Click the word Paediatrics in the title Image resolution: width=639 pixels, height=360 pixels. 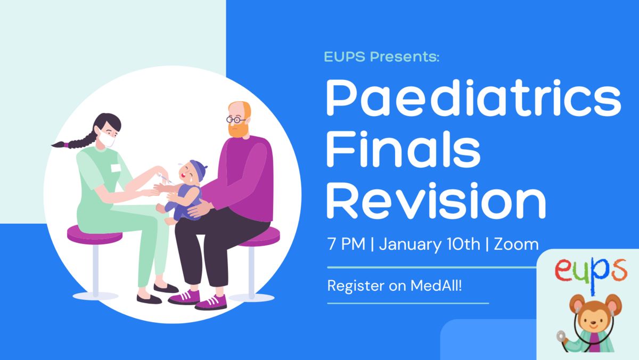(473, 98)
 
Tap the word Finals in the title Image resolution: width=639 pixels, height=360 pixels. (404, 149)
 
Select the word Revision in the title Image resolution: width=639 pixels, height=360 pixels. (436, 200)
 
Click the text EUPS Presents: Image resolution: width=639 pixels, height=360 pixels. (382, 56)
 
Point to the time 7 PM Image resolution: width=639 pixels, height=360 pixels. (346, 244)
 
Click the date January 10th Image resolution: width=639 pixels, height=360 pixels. (429, 245)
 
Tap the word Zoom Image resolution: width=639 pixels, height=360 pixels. (517, 244)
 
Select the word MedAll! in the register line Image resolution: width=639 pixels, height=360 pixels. (436, 285)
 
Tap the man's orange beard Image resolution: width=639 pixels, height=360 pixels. (238, 129)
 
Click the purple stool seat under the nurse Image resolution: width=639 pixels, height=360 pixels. (95, 234)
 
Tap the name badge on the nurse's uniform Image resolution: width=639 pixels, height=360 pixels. (116, 168)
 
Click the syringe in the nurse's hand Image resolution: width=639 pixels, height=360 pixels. (166, 178)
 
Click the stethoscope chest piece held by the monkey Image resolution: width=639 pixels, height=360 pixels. (561, 336)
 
